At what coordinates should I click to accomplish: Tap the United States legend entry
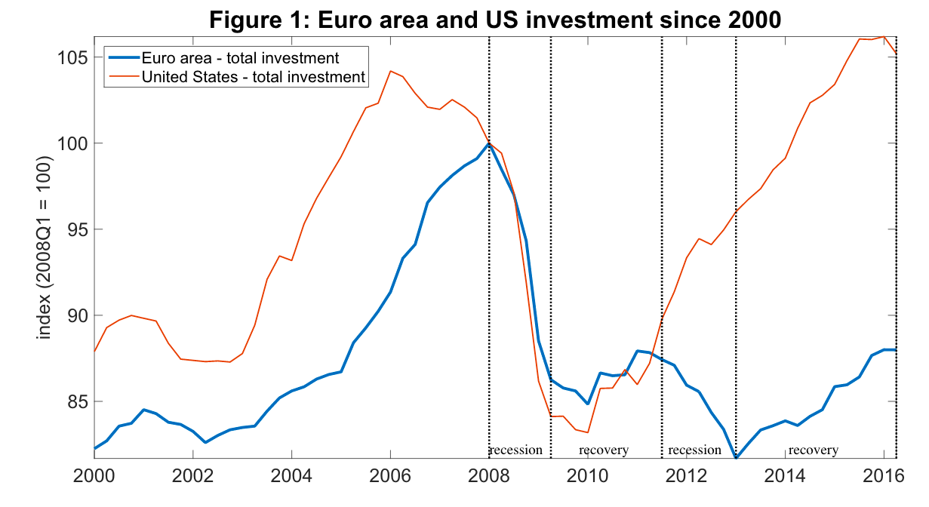pyautogui.click(x=253, y=76)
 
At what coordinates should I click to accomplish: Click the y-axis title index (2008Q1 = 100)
pyautogui.click(x=45, y=248)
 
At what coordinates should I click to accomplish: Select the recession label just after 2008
pyautogui.click(x=516, y=450)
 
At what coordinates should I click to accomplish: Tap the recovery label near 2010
pyautogui.click(x=604, y=450)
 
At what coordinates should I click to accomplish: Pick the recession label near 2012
pyautogui.click(x=695, y=450)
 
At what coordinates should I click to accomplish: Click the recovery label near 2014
pyautogui.click(x=814, y=450)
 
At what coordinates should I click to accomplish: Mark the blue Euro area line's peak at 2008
pyautogui.click(x=489, y=143)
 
